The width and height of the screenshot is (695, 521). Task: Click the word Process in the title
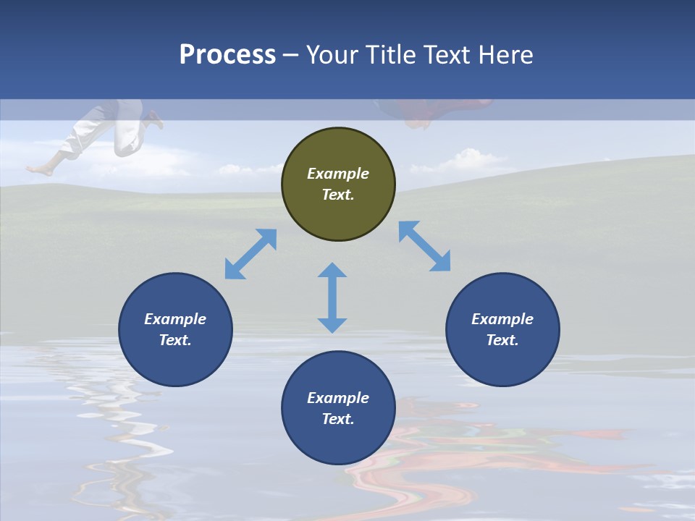pyautogui.click(x=227, y=55)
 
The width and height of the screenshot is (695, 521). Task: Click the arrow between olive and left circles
pyautogui.click(x=250, y=254)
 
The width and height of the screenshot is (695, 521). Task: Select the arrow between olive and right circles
pyautogui.click(x=425, y=246)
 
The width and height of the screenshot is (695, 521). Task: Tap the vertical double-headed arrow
pyautogui.click(x=332, y=297)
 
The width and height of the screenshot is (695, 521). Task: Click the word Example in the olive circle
pyautogui.click(x=338, y=174)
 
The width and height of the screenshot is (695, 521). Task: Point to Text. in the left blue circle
pyautogui.click(x=175, y=340)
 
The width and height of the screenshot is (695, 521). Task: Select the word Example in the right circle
pyautogui.click(x=502, y=319)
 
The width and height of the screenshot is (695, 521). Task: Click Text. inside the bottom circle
pyautogui.click(x=338, y=419)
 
